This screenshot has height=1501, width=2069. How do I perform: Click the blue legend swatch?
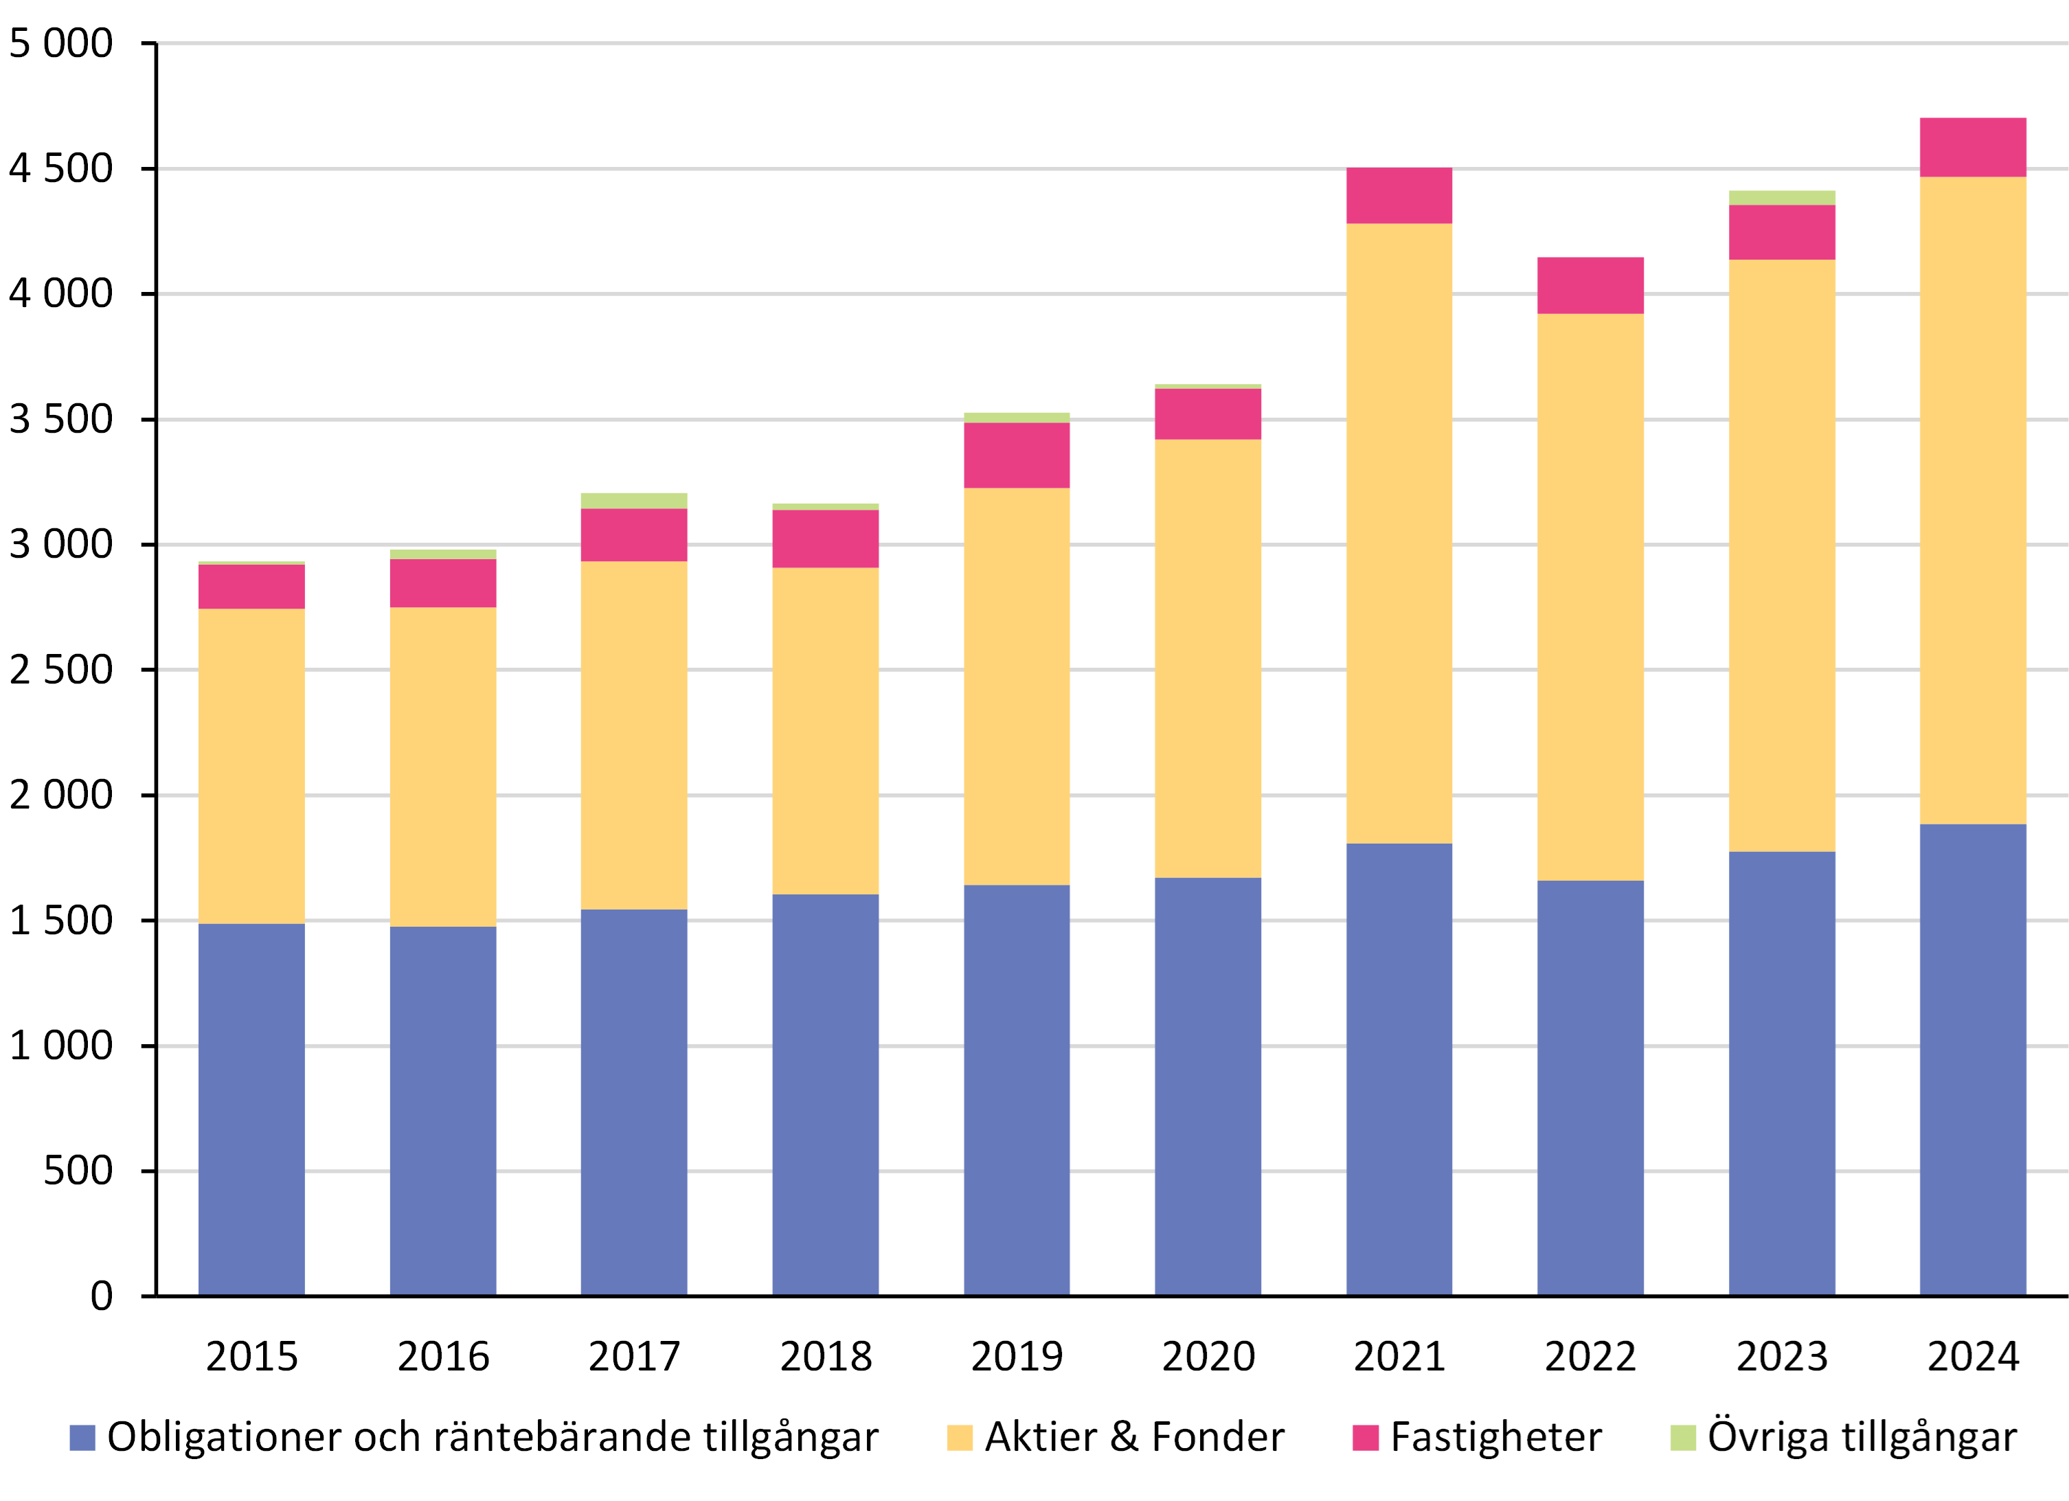click(82, 1437)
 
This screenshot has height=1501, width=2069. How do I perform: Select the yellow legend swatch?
click(960, 1437)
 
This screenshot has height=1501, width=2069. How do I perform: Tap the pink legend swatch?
click(1366, 1437)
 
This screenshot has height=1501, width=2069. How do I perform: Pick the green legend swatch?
click(1683, 1437)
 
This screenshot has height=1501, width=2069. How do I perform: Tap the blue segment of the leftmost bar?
click(252, 1109)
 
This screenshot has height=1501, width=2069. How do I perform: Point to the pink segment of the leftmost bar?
click(252, 587)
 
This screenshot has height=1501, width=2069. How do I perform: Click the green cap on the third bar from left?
click(634, 500)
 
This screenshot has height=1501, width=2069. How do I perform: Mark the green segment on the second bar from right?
click(1782, 197)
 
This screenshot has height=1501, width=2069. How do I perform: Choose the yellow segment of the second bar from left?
click(443, 767)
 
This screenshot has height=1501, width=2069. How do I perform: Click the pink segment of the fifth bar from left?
click(1017, 455)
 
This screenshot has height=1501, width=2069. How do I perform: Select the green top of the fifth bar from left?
click(1017, 417)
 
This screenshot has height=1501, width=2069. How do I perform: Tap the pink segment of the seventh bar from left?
click(1399, 195)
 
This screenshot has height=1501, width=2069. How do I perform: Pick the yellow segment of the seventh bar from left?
click(1399, 533)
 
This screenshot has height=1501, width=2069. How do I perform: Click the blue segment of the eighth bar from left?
click(1591, 1087)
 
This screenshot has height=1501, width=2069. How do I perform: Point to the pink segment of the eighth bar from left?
click(1591, 284)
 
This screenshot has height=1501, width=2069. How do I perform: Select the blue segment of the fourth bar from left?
click(826, 1094)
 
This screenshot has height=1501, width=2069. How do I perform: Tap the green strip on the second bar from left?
click(443, 554)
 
